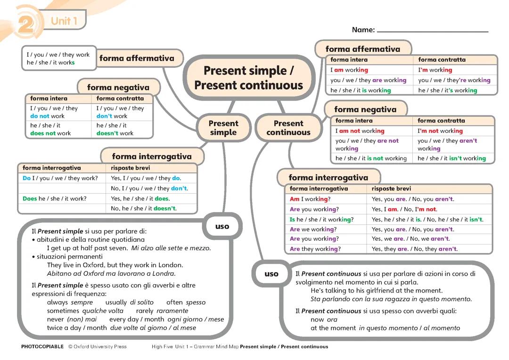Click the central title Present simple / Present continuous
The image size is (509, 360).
[248, 78]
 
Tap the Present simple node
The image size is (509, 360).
[223, 128]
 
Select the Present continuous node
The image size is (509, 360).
[288, 128]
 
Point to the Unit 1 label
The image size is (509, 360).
[64, 21]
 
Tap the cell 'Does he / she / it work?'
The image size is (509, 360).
[55, 199]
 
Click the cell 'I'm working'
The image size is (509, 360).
[435, 70]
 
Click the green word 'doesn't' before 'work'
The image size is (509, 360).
[107, 133]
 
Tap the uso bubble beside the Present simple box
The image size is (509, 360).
[222, 226]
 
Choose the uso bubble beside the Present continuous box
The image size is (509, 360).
[271, 274]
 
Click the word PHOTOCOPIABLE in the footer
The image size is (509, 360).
[42, 347]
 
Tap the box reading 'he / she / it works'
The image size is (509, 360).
[51, 63]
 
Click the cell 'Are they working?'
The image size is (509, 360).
[315, 249]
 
